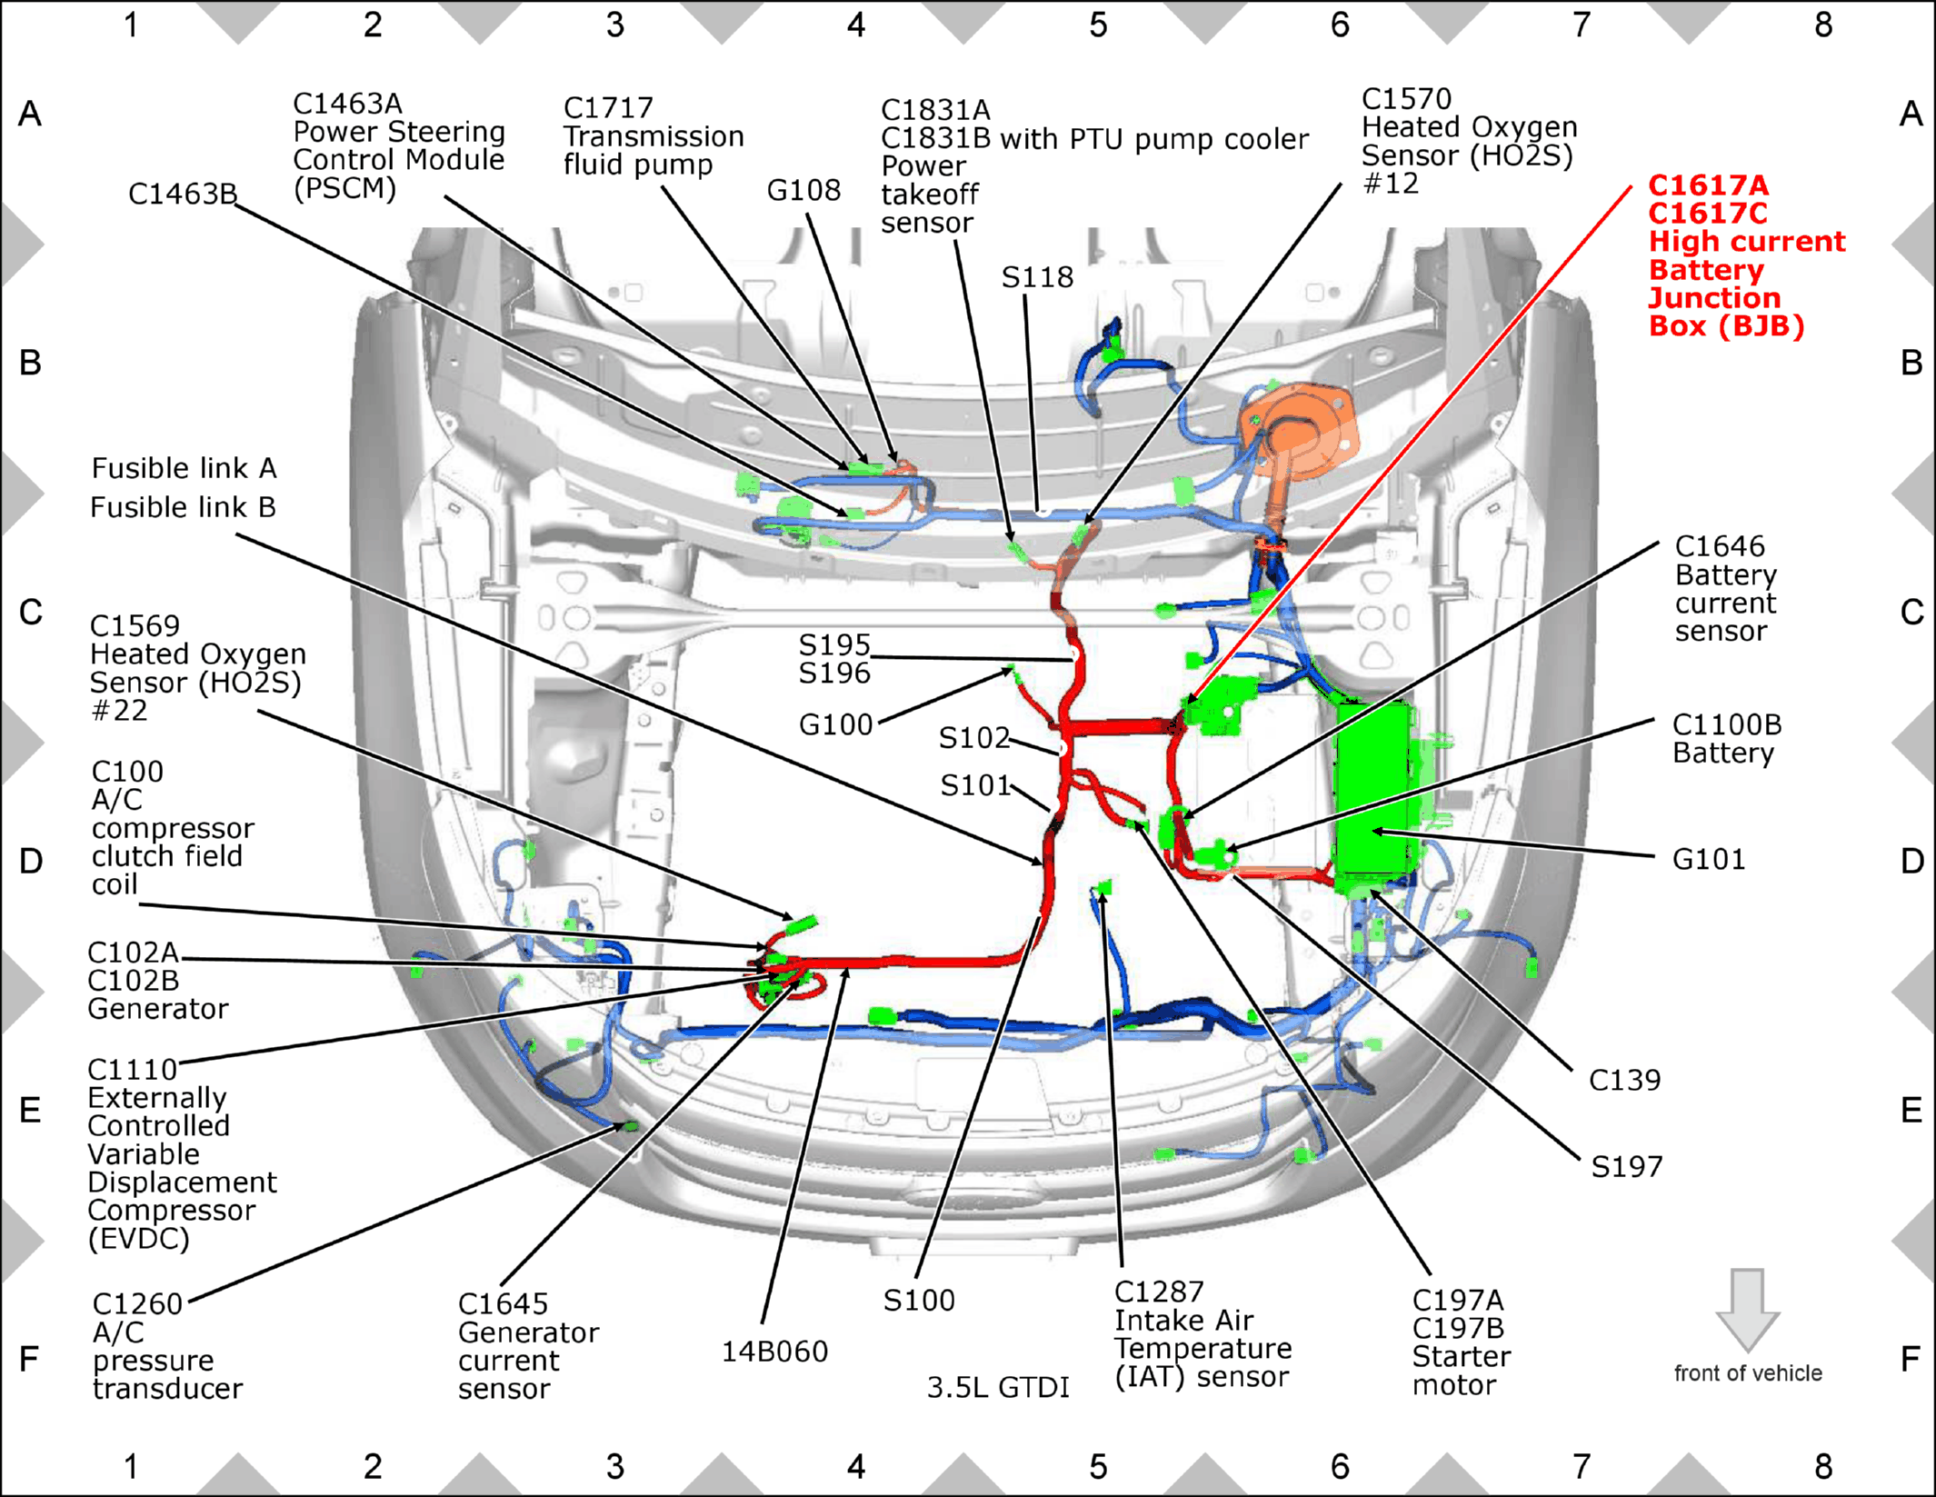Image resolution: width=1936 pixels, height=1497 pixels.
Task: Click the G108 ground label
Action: point(803,191)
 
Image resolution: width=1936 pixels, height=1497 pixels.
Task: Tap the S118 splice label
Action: point(1037,277)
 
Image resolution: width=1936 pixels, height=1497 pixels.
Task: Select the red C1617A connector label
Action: point(1709,185)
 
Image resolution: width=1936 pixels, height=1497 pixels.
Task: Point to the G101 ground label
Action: point(1709,859)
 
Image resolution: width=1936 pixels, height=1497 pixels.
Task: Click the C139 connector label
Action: point(1624,1080)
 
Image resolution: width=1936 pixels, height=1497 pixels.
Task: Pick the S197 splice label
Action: point(1627,1166)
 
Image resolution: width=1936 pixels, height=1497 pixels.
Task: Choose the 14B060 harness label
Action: point(774,1352)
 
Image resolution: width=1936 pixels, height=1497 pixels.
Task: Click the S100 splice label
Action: point(919,1301)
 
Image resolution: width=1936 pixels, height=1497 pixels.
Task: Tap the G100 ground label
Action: point(835,724)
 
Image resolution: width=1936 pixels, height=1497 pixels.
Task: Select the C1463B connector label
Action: point(183,194)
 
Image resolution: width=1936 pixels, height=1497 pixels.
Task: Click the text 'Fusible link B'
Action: point(183,507)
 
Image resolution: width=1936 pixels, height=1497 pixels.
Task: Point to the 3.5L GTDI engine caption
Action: point(998,1387)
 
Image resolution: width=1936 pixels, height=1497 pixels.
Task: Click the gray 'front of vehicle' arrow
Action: point(1747,1309)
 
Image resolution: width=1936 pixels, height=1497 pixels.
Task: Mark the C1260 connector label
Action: point(137,1304)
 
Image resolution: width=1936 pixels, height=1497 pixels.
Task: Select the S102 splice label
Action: point(974,737)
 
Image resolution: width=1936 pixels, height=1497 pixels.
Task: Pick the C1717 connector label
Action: point(608,108)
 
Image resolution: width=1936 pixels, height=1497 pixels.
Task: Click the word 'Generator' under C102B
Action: point(157,1009)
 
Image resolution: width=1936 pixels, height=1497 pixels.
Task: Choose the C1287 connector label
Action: point(1159,1292)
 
